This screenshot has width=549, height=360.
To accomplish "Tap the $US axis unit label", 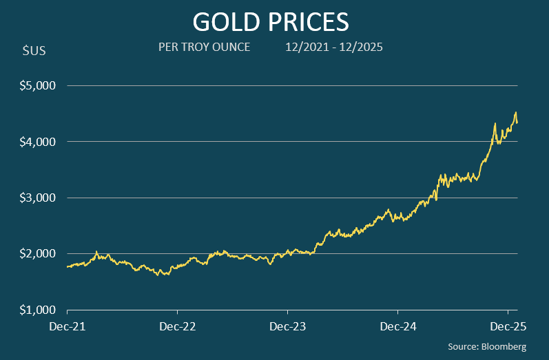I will [x=34, y=52].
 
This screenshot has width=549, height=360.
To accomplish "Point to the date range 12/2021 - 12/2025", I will [x=334, y=47].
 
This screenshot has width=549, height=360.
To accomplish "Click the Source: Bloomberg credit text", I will [x=486, y=347].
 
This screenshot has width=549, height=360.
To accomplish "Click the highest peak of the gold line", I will [x=515, y=113].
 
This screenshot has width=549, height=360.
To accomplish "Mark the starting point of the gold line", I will [x=67, y=266].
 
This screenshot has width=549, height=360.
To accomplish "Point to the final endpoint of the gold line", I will [x=517, y=123].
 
